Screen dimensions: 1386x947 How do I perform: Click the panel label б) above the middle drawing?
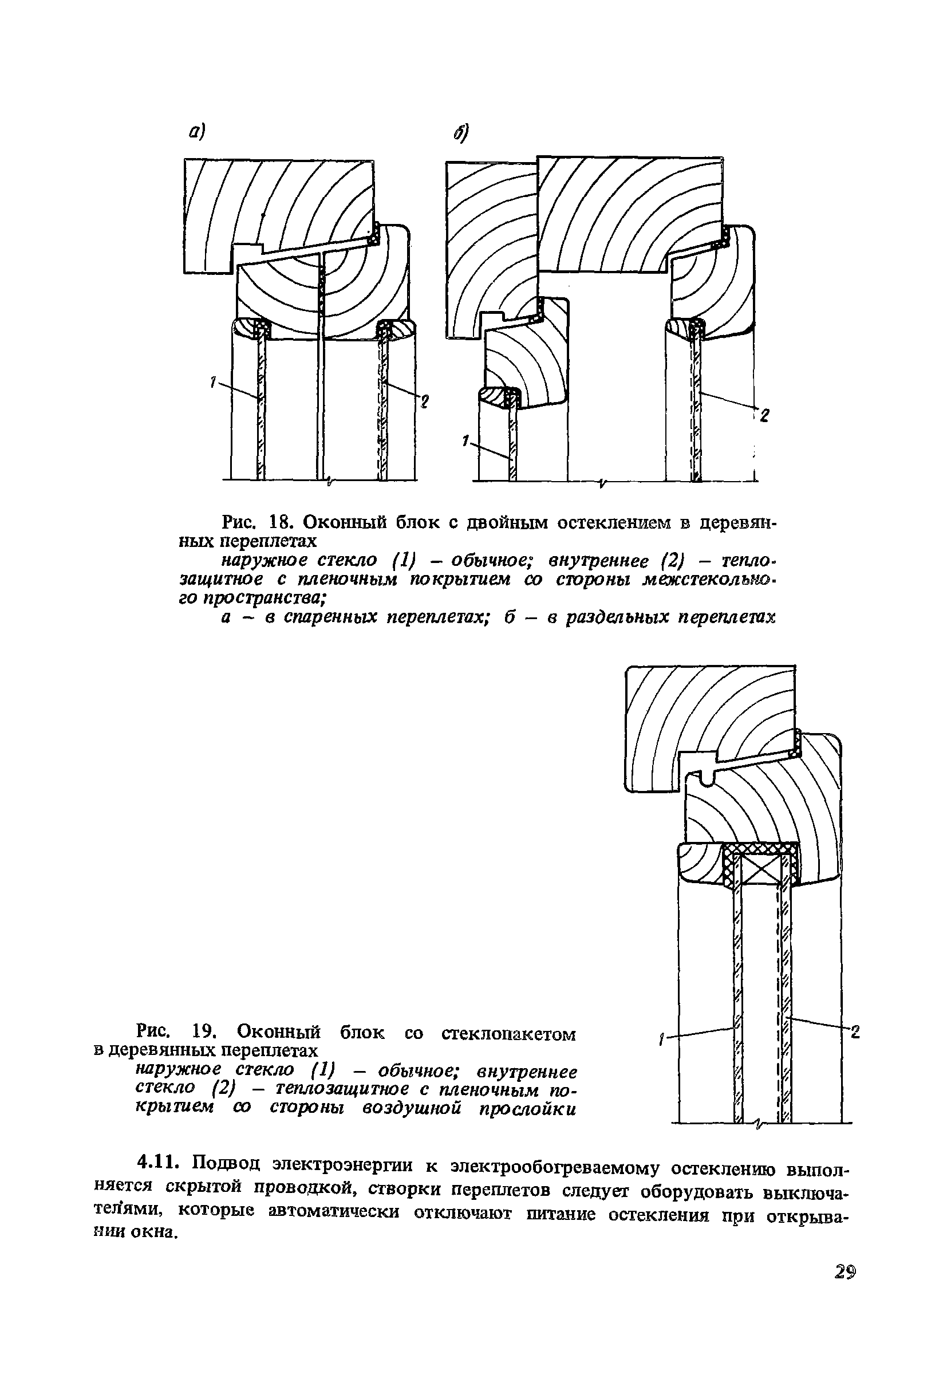(x=461, y=132)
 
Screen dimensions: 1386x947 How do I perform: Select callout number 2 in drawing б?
(x=764, y=415)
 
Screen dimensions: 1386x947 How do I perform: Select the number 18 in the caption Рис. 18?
(x=279, y=522)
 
